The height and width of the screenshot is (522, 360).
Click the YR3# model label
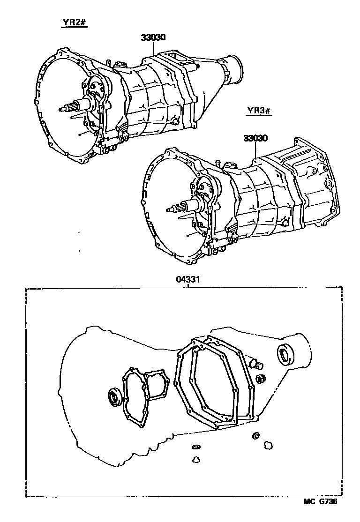259,112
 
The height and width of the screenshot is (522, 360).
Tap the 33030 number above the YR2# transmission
152,38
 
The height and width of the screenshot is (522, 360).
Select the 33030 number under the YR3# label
255,138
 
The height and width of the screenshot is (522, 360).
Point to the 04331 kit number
188,280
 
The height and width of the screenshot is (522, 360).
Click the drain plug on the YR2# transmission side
175,120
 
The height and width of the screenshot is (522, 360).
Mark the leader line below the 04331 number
188,286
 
